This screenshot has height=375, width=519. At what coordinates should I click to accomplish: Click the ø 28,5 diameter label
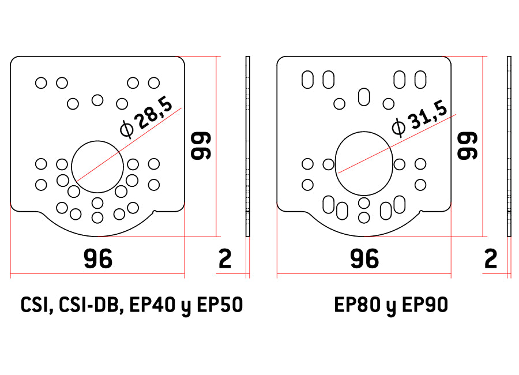click(x=146, y=117)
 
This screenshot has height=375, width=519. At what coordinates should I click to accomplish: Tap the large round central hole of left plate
click(x=72, y=167)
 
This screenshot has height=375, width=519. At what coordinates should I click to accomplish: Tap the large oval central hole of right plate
click(x=335, y=164)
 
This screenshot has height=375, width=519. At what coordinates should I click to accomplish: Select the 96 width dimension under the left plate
click(x=98, y=258)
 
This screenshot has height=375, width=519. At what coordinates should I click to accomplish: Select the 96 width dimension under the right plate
click(x=364, y=258)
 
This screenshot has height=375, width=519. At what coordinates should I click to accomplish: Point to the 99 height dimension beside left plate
click(x=201, y=146)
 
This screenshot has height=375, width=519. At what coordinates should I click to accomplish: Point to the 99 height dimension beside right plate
click(x=467, y=146)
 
